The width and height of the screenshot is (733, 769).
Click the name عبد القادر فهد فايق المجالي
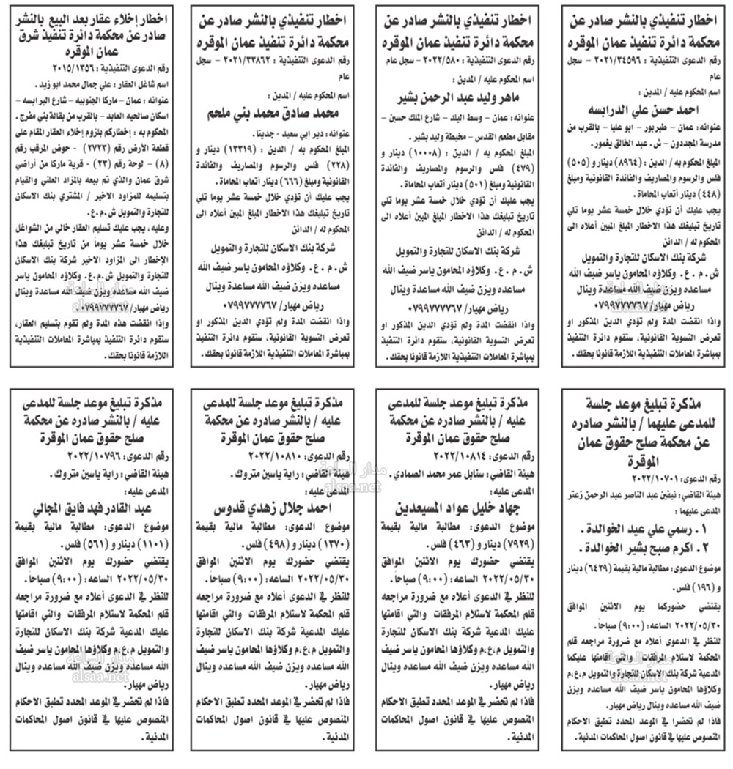click(88, 507)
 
